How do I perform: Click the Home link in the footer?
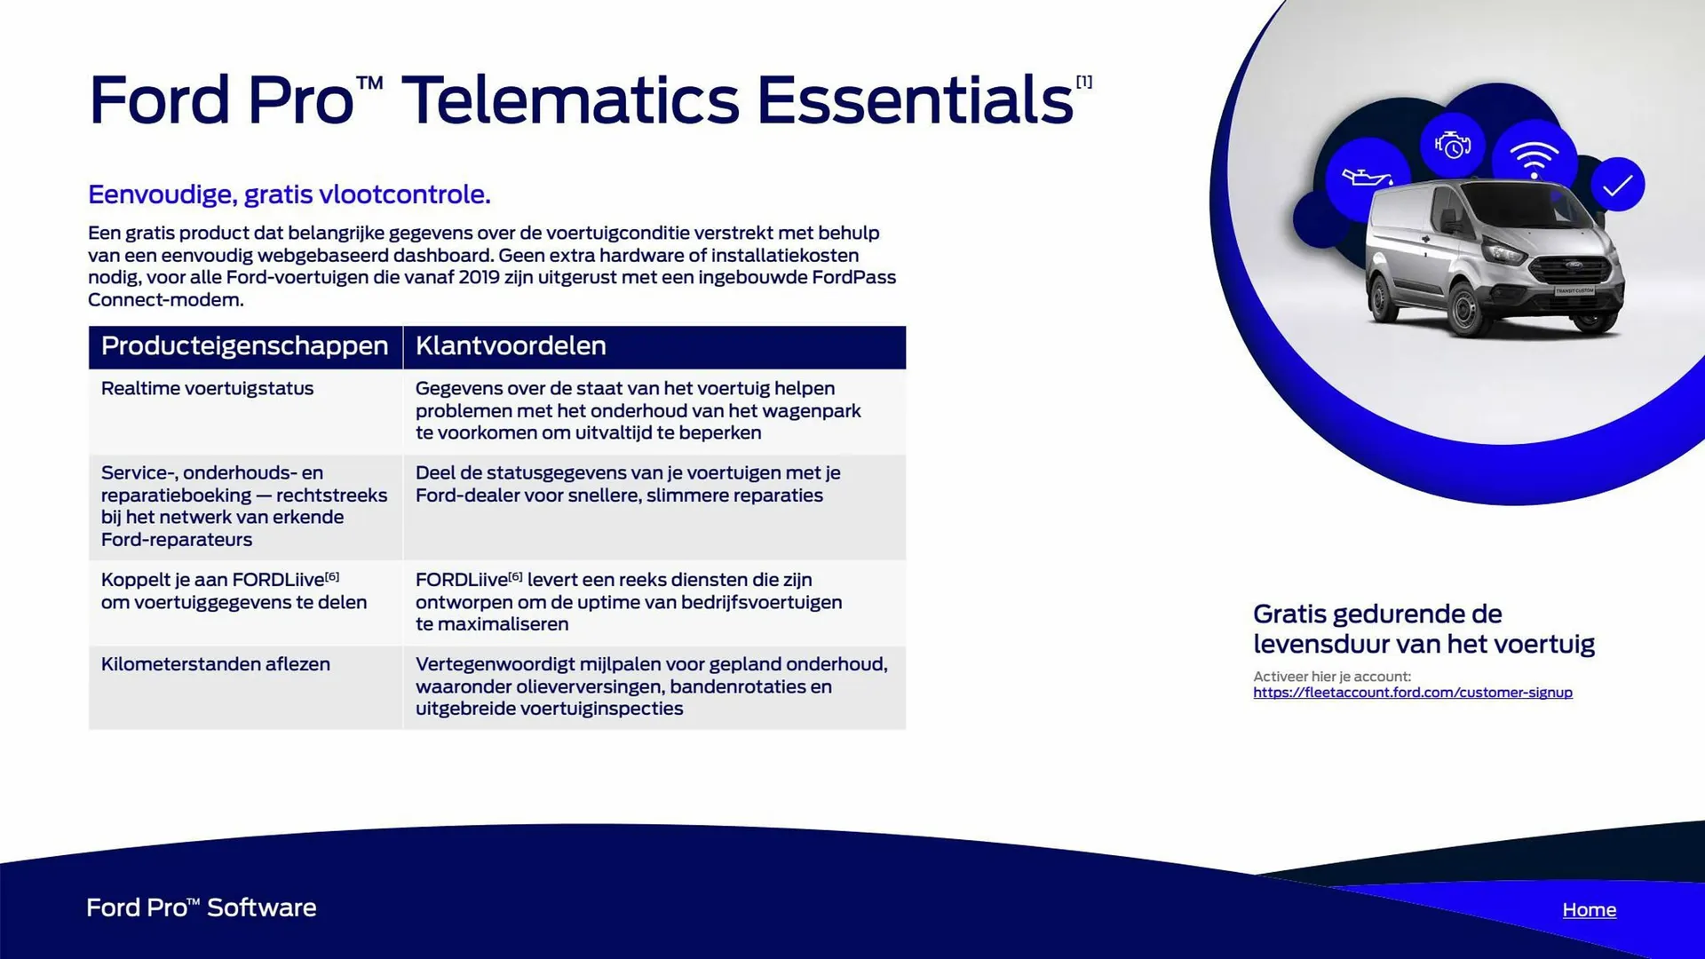[x=1589, y=909]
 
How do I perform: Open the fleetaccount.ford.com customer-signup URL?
[x=1412, y=693]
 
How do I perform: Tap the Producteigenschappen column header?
[x=244, y=346]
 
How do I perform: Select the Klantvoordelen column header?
[x=511, y=345]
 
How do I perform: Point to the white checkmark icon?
[x=1617, y=185]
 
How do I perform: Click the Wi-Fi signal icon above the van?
[x=1534, y=159]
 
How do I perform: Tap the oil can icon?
[x=1366, y=177]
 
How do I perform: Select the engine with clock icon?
[x=1453, y=145]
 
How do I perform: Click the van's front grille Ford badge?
[x=1574, y=264]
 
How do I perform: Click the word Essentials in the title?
[x=915, y=99]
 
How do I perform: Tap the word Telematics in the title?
[x=570, y=99]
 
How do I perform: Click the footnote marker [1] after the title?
[x=1084, y=82]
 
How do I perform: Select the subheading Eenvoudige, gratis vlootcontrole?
[x=289, y=194]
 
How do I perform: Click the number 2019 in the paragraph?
[x=480, y=277]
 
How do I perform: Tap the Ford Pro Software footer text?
[x=202, y=907]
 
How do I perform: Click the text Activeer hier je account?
[x=1332, y=677]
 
